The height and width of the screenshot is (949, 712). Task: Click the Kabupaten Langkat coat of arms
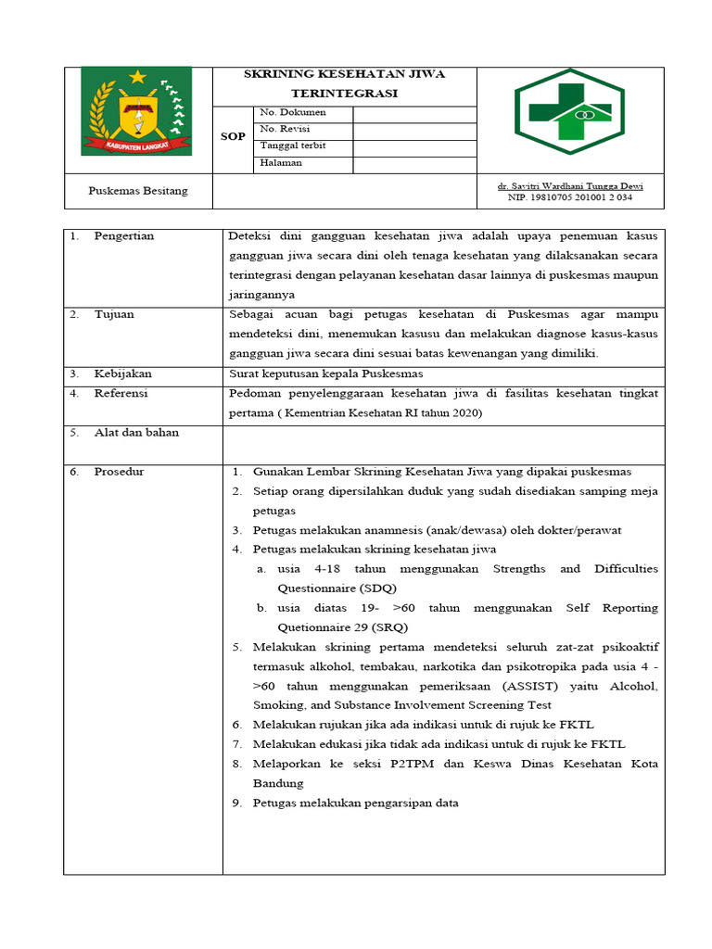(136, 111)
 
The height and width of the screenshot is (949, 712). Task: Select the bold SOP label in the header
(233, 137)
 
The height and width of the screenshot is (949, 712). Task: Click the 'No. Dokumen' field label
(294, 113)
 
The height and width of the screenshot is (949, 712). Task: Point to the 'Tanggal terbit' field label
(293, 146)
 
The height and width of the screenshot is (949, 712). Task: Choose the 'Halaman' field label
(282, 163)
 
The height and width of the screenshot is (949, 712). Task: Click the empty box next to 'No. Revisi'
(414, 130)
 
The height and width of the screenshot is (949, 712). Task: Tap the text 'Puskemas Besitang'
(137, 191)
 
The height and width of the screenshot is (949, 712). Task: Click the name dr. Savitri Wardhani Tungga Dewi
(570, 186)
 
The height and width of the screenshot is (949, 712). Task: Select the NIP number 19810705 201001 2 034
(570, 197)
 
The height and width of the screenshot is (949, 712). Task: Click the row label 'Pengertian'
(124, 236)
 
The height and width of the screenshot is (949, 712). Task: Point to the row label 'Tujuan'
(114, 314)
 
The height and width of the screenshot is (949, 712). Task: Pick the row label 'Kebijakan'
(122, 373)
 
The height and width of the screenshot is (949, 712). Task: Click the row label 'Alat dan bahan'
(136, 433)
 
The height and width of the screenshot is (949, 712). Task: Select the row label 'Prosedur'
(119, 472)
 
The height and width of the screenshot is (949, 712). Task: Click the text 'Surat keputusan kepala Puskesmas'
(326, 373)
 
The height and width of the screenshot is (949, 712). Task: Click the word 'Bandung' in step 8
(278, 783)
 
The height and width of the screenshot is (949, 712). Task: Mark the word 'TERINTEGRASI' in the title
(344, 94)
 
